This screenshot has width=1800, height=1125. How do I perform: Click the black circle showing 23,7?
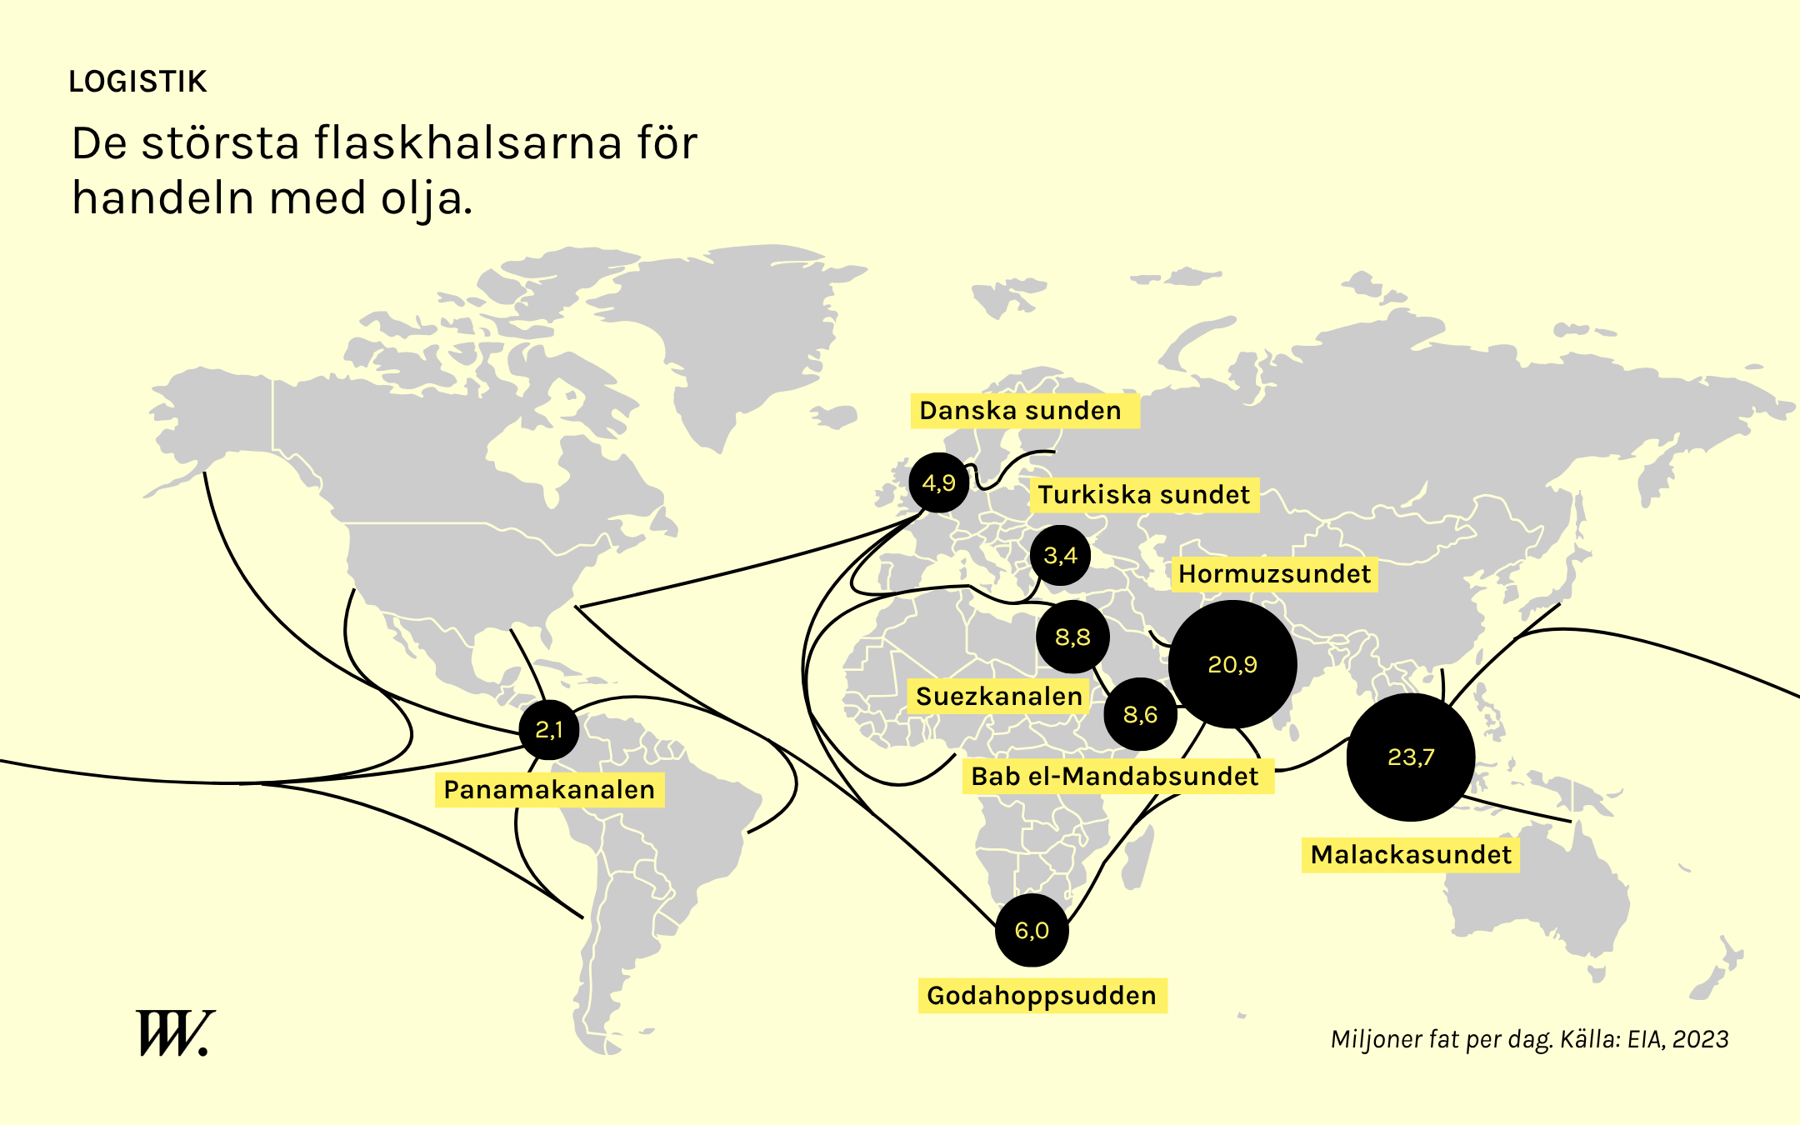pos(1411,757)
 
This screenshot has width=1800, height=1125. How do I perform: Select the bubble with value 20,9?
pos(1232,664)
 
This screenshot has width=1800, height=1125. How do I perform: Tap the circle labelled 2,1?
pos(549,730)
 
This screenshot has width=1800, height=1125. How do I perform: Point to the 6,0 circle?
pos(1032,930)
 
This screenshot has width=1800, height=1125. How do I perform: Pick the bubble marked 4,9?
pos(939,482)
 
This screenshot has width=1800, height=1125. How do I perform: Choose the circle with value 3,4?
pos(1060,555)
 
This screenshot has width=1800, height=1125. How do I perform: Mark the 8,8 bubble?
pos(1072,637)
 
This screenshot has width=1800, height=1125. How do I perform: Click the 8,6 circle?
pos(1140,714)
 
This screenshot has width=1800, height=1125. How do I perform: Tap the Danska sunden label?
pos(1021,411)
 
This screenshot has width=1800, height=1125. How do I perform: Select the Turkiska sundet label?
pos(1143,495)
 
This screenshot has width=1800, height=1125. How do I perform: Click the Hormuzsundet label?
pos(1274,574)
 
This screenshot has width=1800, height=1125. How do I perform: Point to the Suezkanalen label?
pos(998,697)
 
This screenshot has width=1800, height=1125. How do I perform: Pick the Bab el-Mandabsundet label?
pos(1115,777)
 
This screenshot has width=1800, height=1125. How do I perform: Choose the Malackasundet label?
pos(1410,855)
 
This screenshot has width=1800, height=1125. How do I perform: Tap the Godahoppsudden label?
pos(1042,996)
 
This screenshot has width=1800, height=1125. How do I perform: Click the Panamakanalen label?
pos(549,790)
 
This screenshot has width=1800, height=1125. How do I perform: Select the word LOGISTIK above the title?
pos(137,82)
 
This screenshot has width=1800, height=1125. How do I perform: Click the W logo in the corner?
pos(174,1033)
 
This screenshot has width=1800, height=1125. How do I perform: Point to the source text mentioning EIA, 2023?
pos(1529,1039)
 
